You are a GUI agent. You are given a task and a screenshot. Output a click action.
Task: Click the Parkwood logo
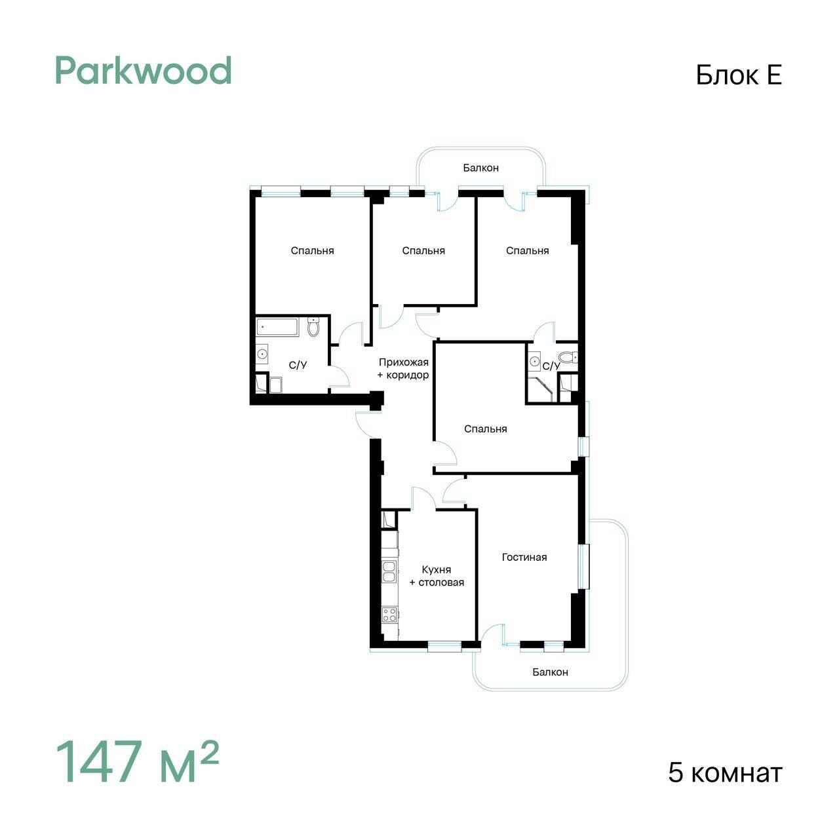pos(144,71)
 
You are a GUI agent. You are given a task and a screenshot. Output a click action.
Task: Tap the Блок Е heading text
pos(739,75)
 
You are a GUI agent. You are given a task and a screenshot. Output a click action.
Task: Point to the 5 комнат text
pos(726,773)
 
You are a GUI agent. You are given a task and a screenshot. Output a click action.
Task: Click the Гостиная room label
pos(524,557)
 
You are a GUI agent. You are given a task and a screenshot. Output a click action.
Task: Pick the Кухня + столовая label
pos(437,576)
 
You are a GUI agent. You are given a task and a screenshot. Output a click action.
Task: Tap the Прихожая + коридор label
pos(403,368)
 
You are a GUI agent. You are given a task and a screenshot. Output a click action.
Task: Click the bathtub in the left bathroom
pos(277,327)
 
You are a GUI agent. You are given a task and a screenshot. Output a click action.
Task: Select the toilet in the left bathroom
pos(313,326)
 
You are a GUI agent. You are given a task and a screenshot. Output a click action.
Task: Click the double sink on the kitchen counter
pos(389,571)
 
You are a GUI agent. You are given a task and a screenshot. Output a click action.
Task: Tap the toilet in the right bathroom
pos(568,358)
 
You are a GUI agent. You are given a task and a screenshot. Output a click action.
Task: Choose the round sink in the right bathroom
pos(534,361)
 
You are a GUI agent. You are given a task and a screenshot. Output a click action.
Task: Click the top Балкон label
pos(480,168)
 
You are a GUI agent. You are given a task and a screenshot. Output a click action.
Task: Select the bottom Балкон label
pos(551,672)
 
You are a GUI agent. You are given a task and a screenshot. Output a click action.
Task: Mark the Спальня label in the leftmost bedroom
pos(312,251)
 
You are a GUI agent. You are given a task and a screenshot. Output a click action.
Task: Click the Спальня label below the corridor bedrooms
pos(486,429)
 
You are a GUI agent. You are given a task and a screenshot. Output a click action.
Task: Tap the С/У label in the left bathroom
pos(298,365)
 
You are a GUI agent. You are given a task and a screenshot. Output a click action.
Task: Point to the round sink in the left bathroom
pos(262,354)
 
